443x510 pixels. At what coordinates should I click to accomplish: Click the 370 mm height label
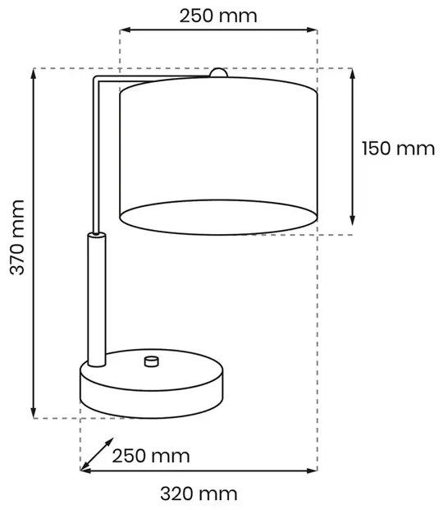tap(17, 237)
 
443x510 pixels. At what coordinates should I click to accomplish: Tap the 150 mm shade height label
tap(399, 149)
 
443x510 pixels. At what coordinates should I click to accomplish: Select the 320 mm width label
tap(199, 494)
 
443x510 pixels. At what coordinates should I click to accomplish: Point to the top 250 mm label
tap(218, 16)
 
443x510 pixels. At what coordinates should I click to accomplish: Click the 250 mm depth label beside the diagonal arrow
tap(151, 456)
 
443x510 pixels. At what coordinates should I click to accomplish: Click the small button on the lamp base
tap(152, 361)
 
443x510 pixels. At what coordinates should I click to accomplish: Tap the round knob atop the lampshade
tap(219, 73)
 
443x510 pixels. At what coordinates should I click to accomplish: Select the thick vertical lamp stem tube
tap(97, 299)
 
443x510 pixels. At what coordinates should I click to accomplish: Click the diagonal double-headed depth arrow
tap(97, 454)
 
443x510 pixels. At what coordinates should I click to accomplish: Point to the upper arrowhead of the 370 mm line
tap(33, 74)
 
